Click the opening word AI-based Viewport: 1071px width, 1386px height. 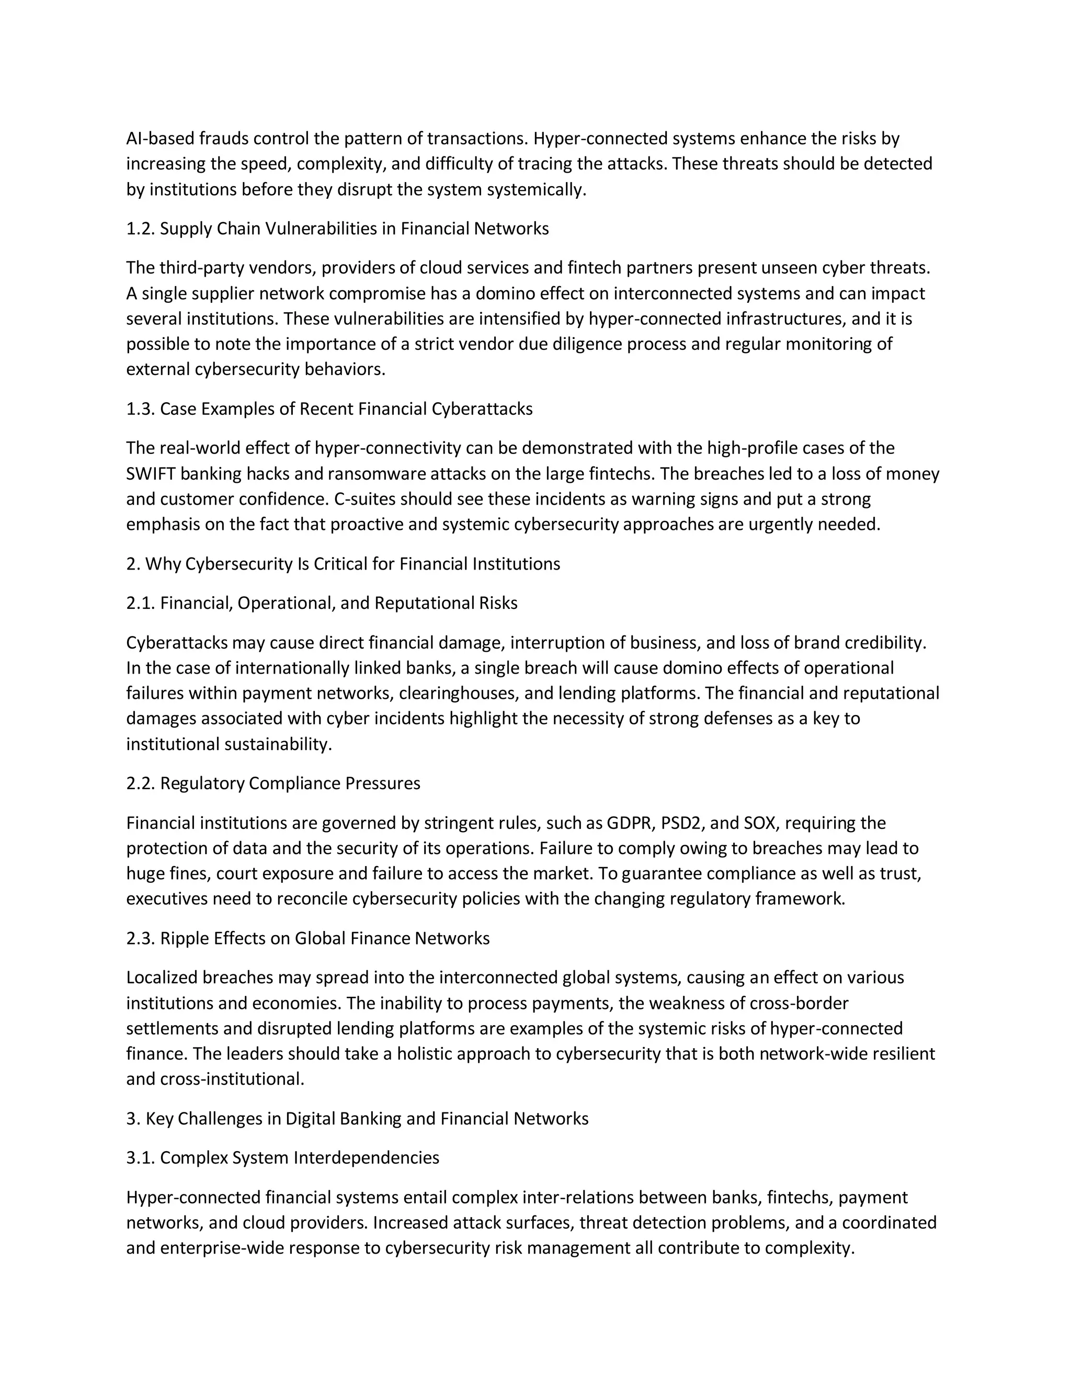[160, 139]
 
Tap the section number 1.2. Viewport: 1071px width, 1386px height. [140, 229]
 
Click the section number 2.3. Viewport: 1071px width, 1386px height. [140, 939]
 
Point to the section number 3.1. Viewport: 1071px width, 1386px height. [140, 1158]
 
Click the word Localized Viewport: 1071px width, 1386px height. [162, 978]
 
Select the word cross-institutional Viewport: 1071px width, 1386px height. [232, 1080]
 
